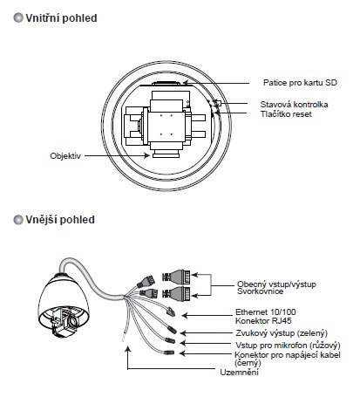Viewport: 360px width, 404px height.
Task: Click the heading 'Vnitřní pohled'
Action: click(61, 18)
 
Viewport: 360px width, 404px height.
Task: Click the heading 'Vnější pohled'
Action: click(60, 220)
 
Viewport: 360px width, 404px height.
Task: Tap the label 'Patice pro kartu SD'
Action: click(300, 83)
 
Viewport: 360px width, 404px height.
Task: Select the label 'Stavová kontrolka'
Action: click(294, 105)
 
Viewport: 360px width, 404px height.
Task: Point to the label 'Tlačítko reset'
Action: click(286, 114)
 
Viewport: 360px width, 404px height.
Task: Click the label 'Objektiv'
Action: click(65, 156)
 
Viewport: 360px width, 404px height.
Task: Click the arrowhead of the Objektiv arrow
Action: click(147, 155)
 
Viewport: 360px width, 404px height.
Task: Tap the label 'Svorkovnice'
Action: click(260, 291)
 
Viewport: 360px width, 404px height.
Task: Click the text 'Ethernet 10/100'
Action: click(266, 312)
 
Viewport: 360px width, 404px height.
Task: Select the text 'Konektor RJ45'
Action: click(263, 321)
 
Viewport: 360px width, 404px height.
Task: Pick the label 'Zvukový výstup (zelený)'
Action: click(282, 333)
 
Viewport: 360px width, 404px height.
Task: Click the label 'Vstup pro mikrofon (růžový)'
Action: click(288, 346)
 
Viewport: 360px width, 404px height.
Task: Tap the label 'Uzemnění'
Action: click(239, 373)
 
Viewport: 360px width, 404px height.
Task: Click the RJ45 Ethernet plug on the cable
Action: click(170, 312)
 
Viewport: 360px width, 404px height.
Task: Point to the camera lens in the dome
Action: click(73, 321)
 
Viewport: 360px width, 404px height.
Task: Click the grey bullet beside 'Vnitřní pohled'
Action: click(18, 18)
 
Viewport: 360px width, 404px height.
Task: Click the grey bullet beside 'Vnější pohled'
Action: click(18, 220)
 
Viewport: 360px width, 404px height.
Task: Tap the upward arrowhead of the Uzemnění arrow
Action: click(128, 350)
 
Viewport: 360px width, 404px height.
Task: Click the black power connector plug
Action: click(168, 353)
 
